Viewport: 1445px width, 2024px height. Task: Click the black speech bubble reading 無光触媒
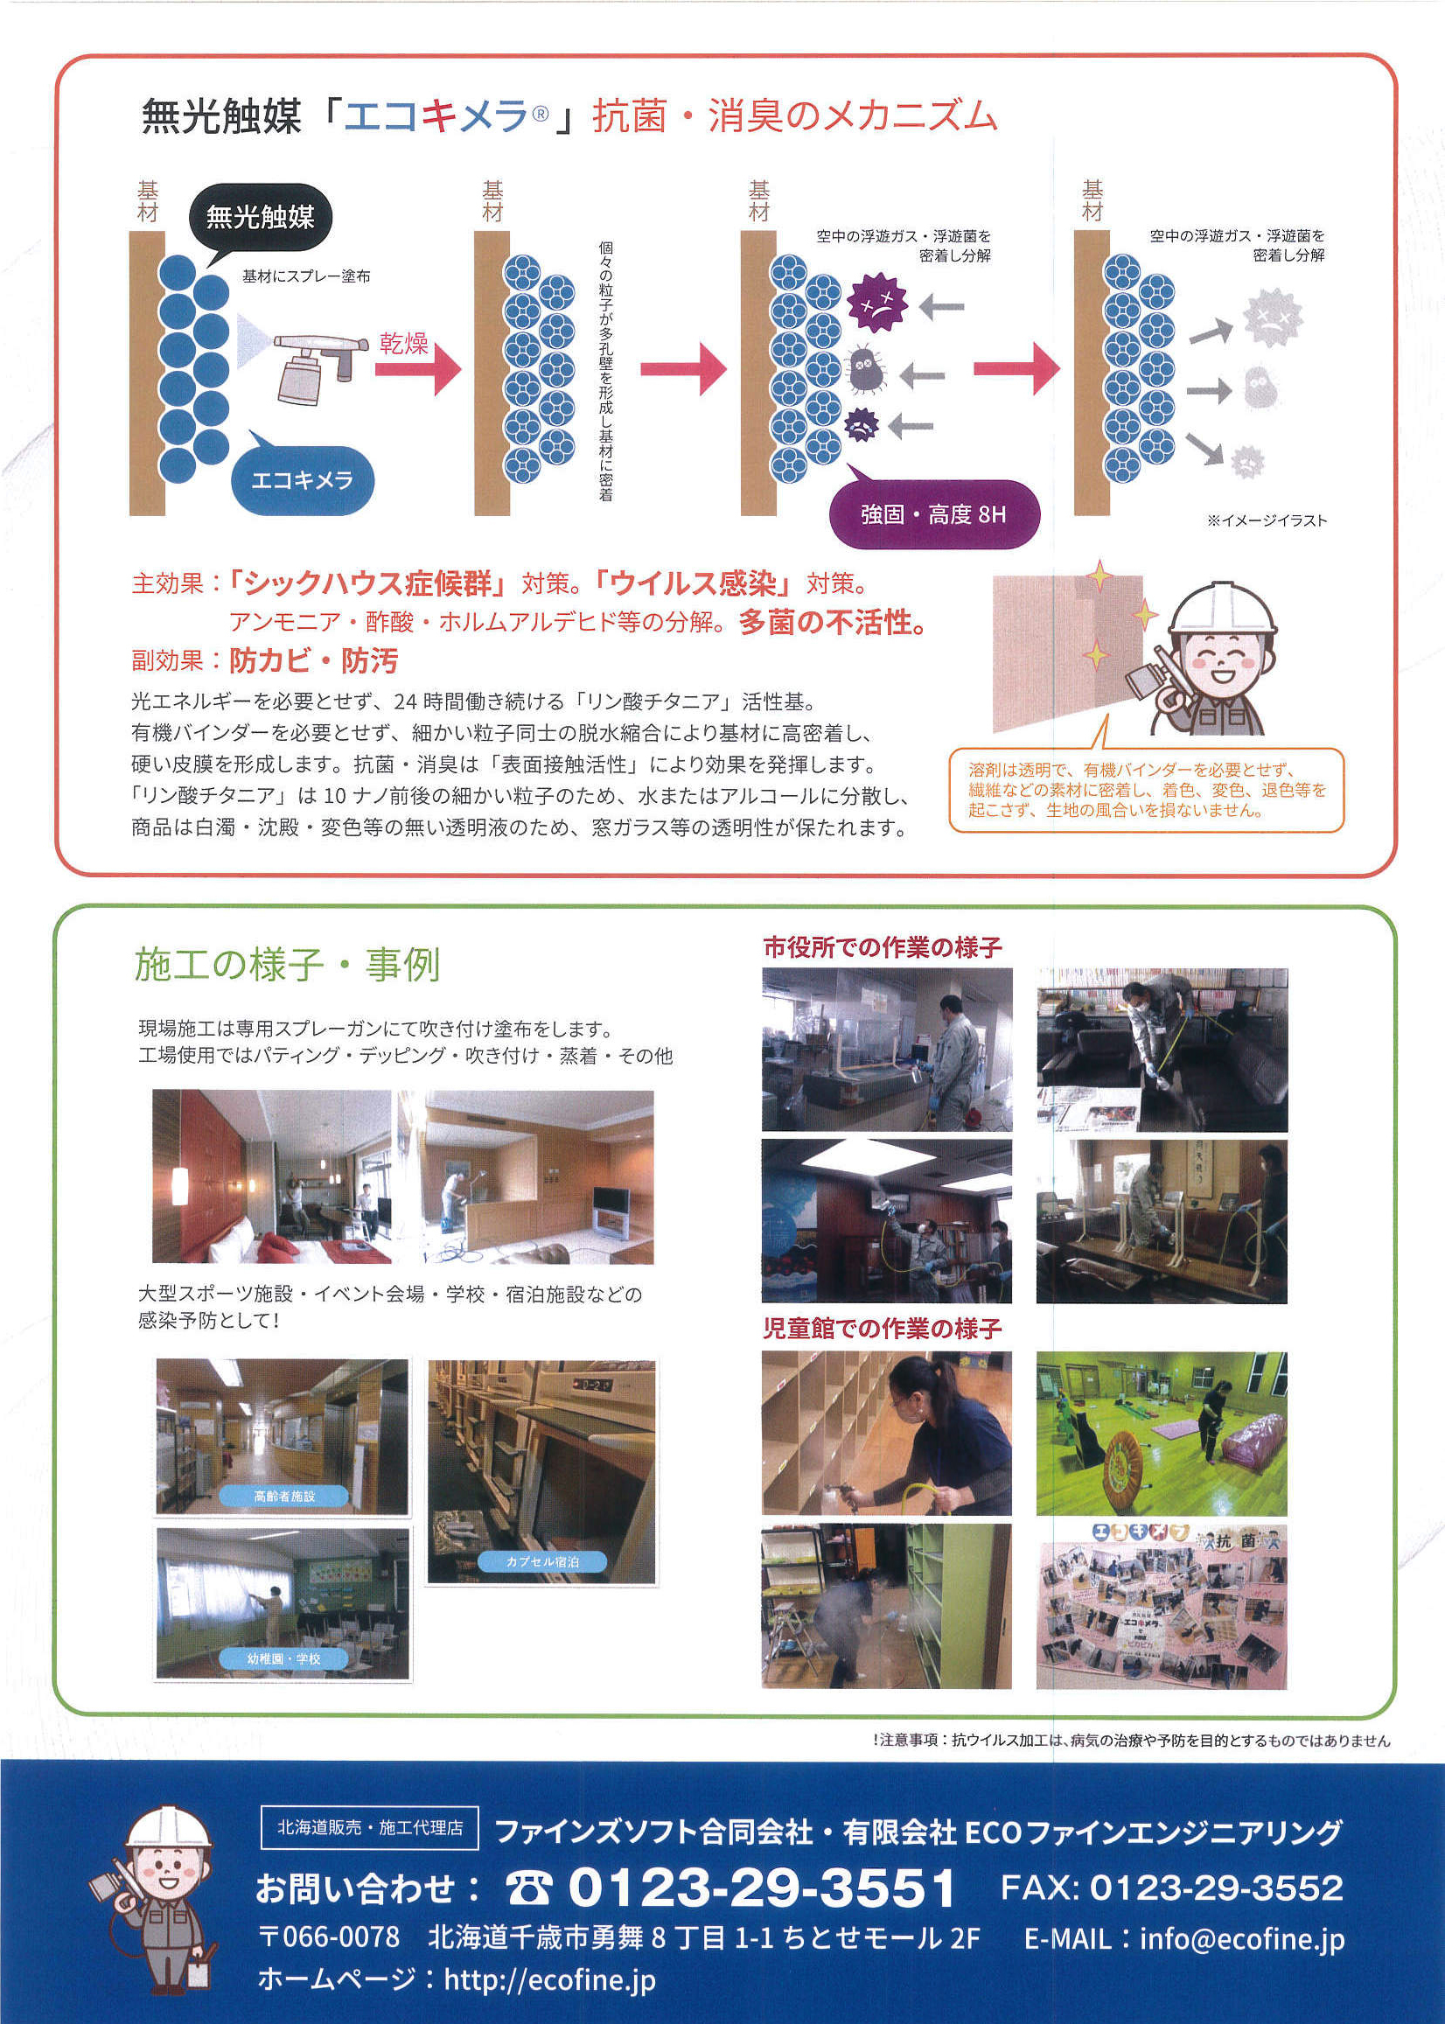259,217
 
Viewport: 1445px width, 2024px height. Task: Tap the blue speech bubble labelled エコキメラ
302,480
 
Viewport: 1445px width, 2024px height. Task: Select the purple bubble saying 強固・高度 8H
933,514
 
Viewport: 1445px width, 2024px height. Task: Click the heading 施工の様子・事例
288,966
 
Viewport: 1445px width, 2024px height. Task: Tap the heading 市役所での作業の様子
883,947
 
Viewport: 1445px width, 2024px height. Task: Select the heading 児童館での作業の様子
883,1330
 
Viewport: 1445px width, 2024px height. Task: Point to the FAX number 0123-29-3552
1172,1887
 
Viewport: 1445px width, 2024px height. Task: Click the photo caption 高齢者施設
283,1497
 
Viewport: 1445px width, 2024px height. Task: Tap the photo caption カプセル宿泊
542,1561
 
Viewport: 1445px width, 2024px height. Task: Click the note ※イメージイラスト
1267,521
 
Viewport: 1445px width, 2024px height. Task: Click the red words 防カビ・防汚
313,660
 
